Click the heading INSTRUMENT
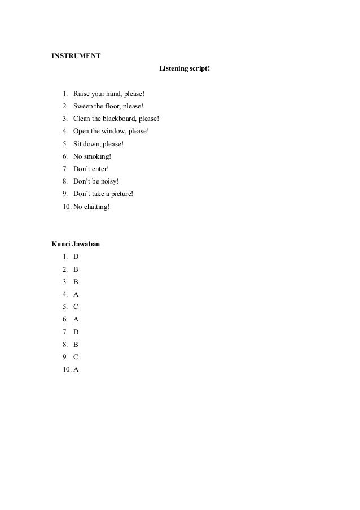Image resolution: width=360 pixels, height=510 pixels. [76, 56]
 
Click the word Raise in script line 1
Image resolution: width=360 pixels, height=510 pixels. [82, 93]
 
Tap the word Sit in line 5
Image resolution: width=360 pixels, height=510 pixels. [78, 144]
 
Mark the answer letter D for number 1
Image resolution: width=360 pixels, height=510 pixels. [76, 256]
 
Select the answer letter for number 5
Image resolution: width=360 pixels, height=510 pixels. [76, 307]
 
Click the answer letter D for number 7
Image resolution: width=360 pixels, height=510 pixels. [76, 332]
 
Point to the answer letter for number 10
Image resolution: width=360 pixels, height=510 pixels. [76, 369]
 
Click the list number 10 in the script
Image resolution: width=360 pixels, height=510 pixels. [67, 207]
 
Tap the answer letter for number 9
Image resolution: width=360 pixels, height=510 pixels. [76, 357]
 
